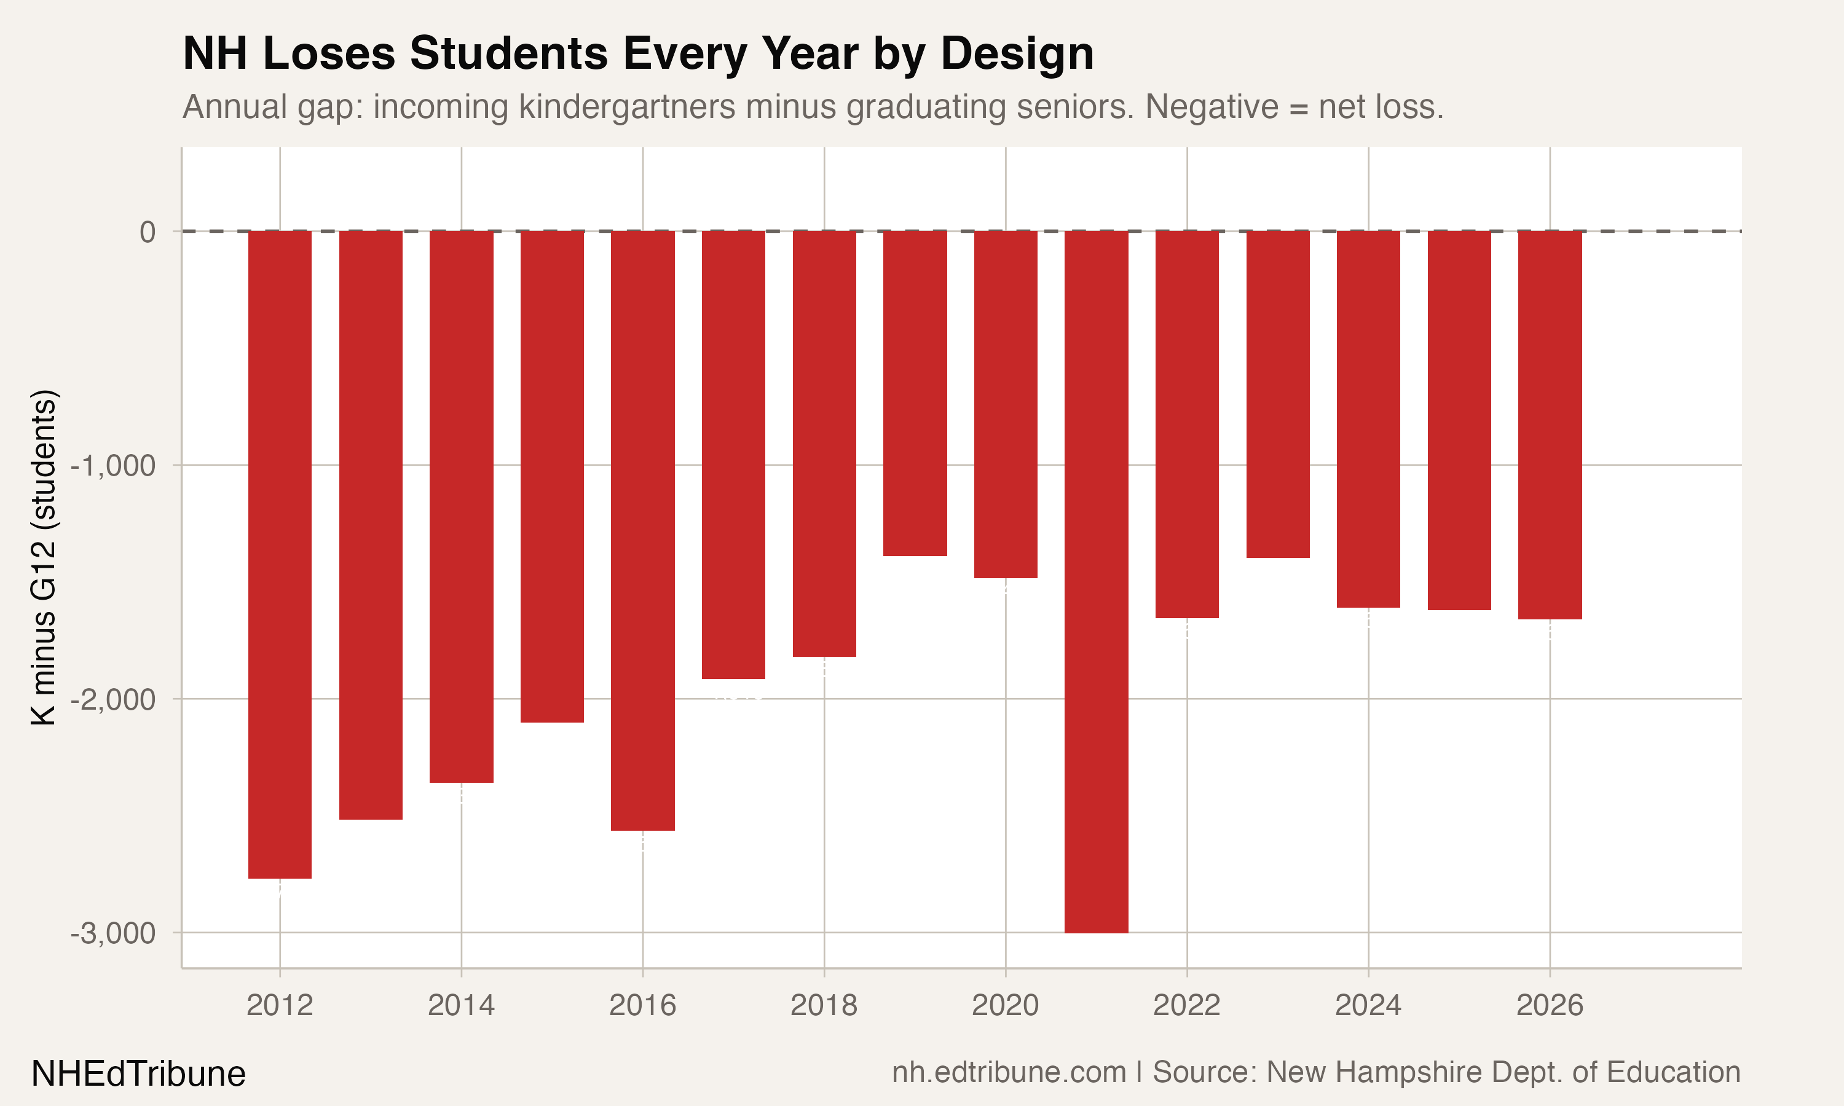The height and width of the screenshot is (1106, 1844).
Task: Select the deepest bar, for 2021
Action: [1096, 581]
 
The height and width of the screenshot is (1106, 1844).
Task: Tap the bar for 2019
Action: [915, 393]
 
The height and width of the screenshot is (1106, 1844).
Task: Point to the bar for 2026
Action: [1550, 425]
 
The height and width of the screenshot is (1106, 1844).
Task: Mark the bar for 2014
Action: [462, 506]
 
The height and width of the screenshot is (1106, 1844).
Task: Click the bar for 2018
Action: [824, 444]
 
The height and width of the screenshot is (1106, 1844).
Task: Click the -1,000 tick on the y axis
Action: [113, 466]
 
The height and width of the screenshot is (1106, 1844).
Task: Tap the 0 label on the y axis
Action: [148, 232]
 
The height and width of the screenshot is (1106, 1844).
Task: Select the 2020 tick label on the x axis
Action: [1005, 1005]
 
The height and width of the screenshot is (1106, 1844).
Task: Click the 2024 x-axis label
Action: [1368, 1005]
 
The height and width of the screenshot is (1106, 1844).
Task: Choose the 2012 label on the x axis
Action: [280, 1005]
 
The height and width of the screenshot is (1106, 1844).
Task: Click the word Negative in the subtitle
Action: [1211, 106]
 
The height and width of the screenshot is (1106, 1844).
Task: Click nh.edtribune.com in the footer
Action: [1009, 1072]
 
